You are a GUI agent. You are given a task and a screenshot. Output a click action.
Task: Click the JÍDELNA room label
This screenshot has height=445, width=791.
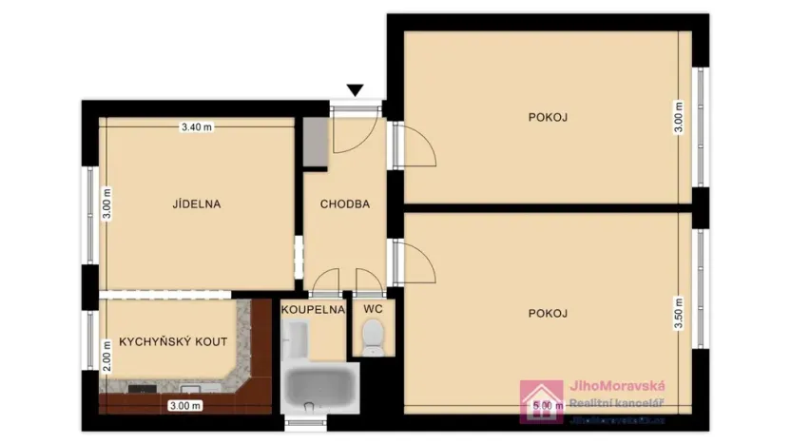click(197, 203)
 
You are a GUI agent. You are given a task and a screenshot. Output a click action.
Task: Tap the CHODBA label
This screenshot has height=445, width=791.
click(344, 203)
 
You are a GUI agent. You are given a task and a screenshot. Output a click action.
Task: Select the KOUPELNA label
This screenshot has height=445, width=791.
click(312, 308)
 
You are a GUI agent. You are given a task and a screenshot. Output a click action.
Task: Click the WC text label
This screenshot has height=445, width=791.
click(372, 308)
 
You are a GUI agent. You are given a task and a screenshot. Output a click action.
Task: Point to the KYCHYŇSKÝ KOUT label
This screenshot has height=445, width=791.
click(172, 342)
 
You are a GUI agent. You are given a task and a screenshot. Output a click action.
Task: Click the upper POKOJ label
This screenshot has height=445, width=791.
click(548, 117)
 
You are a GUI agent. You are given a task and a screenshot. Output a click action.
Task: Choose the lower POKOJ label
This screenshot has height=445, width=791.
click(548, 313)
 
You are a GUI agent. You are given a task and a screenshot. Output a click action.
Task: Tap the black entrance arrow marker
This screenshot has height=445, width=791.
click(356, 90)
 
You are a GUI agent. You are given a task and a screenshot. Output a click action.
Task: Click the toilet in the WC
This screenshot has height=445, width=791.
click(373, 336)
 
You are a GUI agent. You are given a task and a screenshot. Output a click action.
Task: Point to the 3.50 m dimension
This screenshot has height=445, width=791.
click(678, 314)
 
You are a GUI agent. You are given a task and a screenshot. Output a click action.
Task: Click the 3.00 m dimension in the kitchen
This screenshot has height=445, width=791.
click(185, 405)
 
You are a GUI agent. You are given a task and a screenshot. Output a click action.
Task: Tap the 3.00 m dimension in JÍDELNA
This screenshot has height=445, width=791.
click(106, 203)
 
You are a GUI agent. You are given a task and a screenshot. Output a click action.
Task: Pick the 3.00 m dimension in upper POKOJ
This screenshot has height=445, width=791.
click(678, 117)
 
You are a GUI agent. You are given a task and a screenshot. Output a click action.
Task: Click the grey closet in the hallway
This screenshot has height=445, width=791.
click(316, 143)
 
